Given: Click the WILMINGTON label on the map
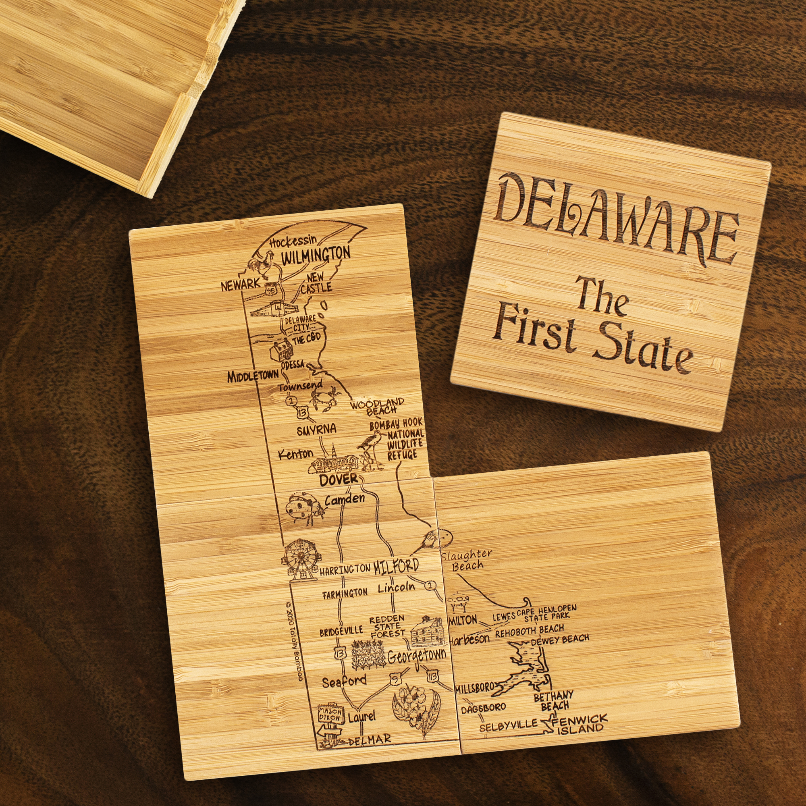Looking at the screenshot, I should pyautogui.click(x=316, y=255).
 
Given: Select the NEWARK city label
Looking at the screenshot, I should pyautogui.click(x=240, y=285).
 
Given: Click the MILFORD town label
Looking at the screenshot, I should pyautogui.click(x=396, y=566).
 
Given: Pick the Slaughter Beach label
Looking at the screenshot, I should pyautogui.click(x=467, y=560).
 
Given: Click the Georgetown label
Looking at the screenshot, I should pyautogui.click(x=416, y=656).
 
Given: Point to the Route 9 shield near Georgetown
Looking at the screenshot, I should pyautogui.click(x=395, y=678).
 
